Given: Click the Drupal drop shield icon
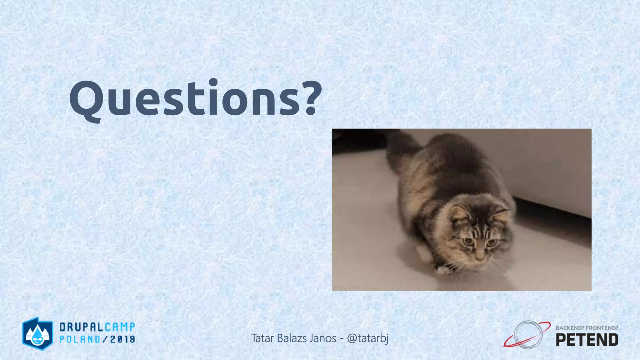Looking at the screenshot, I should click(37, 333).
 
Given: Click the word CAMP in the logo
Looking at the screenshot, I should click(120, 327).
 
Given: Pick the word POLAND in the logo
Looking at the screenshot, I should click(80, 339).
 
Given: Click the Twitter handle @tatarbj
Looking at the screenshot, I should click(368, 338).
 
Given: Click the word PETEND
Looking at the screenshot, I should click(587, 340).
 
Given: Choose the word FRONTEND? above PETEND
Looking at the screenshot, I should click(602, 328).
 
